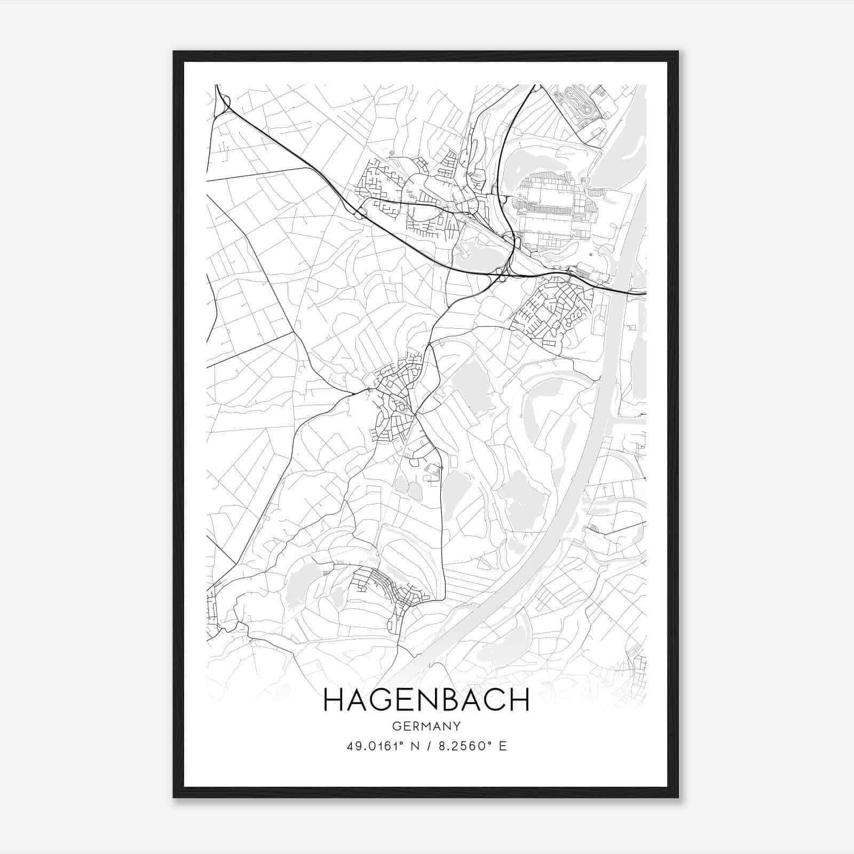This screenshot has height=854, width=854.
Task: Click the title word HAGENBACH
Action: point(426,700)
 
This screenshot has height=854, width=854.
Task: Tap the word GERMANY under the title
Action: point(426,726)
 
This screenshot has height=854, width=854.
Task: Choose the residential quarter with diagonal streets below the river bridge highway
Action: point(552,312)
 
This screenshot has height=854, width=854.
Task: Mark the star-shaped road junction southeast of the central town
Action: point(417,412)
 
